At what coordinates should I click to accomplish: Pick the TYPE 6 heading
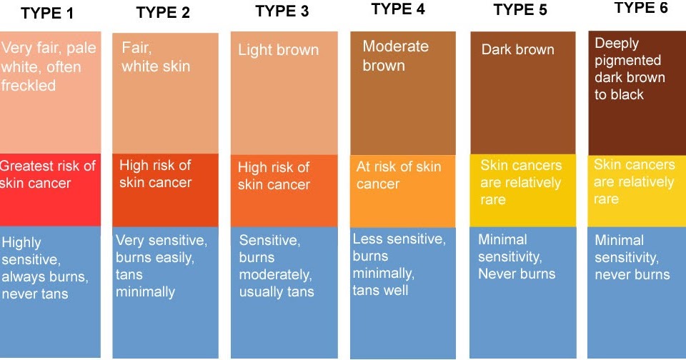click(641, 8)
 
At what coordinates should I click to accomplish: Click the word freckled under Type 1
click(29, 86)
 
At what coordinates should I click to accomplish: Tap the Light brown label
click(278, 50)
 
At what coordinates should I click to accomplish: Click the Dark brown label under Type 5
click(517, 50)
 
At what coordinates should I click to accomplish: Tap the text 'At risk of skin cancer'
click(399, 175)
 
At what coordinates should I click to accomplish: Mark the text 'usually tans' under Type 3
click(277, 291)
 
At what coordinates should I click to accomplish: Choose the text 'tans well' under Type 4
click(381, 290)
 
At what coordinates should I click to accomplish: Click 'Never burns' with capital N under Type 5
click(517, 274)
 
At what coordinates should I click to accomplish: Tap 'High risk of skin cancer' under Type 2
click(155, 174)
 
